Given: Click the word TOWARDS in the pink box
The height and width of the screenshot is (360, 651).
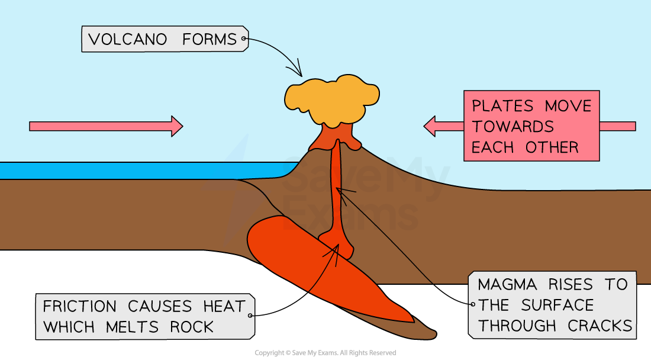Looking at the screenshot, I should coord(513,126).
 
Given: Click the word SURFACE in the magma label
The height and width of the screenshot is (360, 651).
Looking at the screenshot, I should coord(557,306).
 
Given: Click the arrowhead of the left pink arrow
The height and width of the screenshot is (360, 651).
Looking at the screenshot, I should coord(176,126).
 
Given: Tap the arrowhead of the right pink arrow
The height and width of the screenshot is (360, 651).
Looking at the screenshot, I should coord(430,126).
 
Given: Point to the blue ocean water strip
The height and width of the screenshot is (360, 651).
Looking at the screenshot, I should coord(118,171).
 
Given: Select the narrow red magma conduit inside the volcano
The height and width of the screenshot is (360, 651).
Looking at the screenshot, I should coord(338,189).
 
